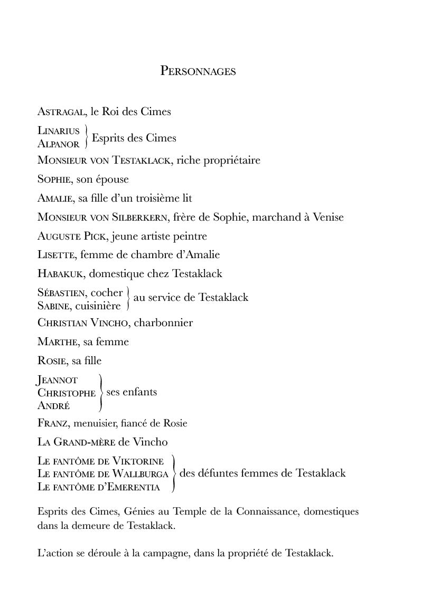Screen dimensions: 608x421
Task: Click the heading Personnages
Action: pyautogui.click(x=198, y=71)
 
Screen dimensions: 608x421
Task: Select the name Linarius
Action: pyautogui.click(x=59, y=130)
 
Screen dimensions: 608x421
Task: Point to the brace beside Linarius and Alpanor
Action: pyautogui.click(x=86, y=137)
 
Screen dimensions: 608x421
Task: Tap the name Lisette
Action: pyautogui.click(x=55, y=255)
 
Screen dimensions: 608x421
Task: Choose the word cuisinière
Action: pyautogui.click(x=98, y=305)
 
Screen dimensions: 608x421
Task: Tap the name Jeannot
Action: pyautogui.click(x=58, y=380)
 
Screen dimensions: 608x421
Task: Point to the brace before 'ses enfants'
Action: pyautogui.click(x=100, y=393)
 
